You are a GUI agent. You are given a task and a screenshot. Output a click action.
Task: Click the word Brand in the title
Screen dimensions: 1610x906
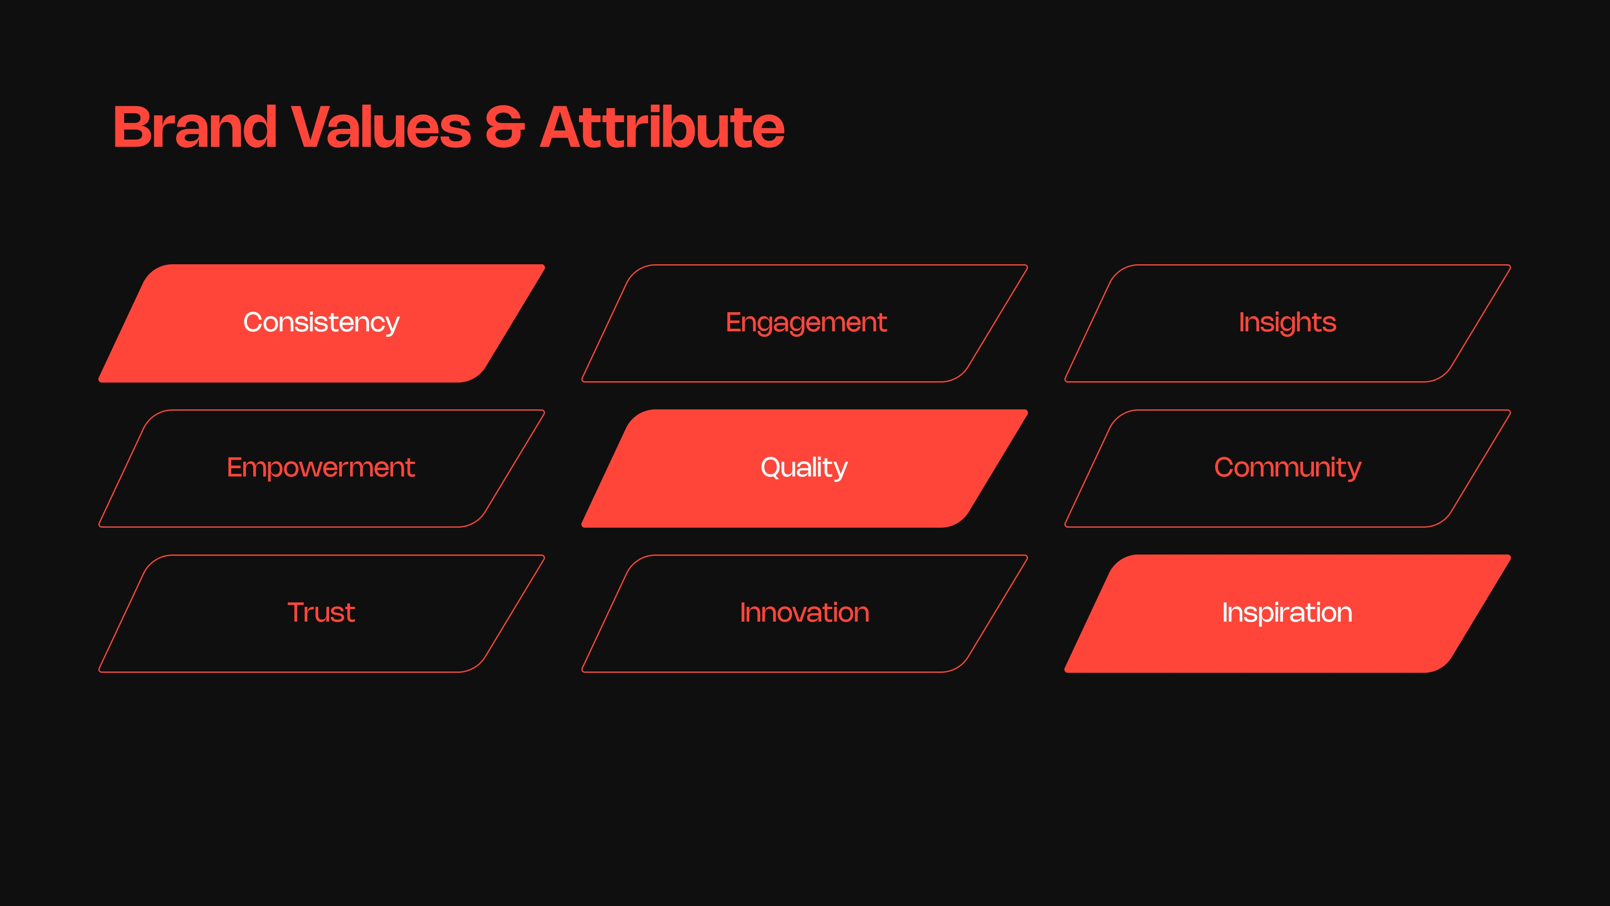(195, 127)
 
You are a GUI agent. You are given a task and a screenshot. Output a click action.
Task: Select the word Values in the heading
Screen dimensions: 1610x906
(381, 127)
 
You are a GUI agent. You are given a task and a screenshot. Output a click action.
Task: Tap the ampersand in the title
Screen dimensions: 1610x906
(504, 127)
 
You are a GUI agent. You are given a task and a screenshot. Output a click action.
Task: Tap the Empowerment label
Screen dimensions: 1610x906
(321, 468)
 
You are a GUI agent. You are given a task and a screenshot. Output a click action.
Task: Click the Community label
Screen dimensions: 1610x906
(1288, 468)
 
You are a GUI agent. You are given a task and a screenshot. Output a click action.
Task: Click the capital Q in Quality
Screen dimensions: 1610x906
(772, 467)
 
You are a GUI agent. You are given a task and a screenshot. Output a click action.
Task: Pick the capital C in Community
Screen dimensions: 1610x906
(1225, 467)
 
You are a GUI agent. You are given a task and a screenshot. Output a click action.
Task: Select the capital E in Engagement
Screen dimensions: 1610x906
(735, 322)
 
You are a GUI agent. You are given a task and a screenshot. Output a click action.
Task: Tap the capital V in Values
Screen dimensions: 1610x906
(313, 127)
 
